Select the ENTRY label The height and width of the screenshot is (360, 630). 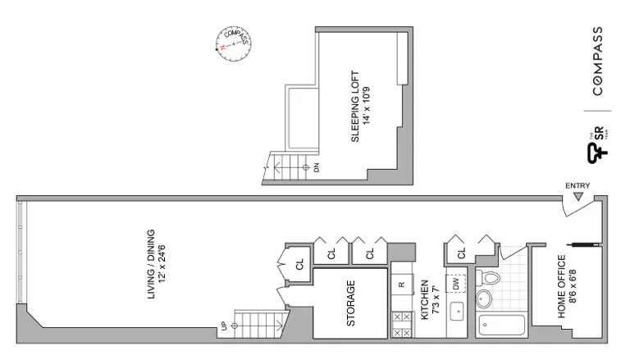coord(577,185)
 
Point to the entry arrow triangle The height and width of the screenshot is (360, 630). coord(578,197)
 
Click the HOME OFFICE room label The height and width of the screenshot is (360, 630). coord(561,287)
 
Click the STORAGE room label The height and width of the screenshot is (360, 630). coord(350,304)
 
